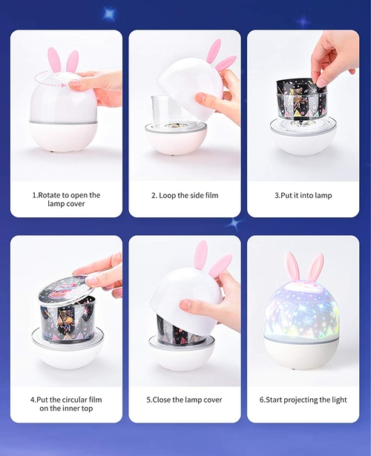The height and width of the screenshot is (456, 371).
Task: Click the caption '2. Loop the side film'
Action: pyautogui.click(x=185, y=196)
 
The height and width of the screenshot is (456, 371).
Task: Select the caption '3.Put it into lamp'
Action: pyautogui.click(x=303, y=196)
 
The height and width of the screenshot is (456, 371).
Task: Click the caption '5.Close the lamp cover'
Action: pyautogui.click(x=184, y=400)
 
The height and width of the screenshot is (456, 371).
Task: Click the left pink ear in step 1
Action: pyautogui.click(x=54, y=60)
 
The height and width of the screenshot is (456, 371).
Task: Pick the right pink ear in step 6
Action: pyautogui.click(x=315, y=267)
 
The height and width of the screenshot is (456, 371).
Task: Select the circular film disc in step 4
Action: pyautogui.click(x=67, y=288)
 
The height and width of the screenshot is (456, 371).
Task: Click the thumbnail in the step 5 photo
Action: pyautogui.click(x=186, y=305)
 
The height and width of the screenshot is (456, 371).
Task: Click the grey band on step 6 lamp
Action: pyautogui.click(x=301, y=340)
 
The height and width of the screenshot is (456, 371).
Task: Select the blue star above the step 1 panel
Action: pyautogui.click(x=109, y=13)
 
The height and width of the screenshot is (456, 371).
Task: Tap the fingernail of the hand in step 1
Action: pyautogui.click(x=74, y=84)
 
